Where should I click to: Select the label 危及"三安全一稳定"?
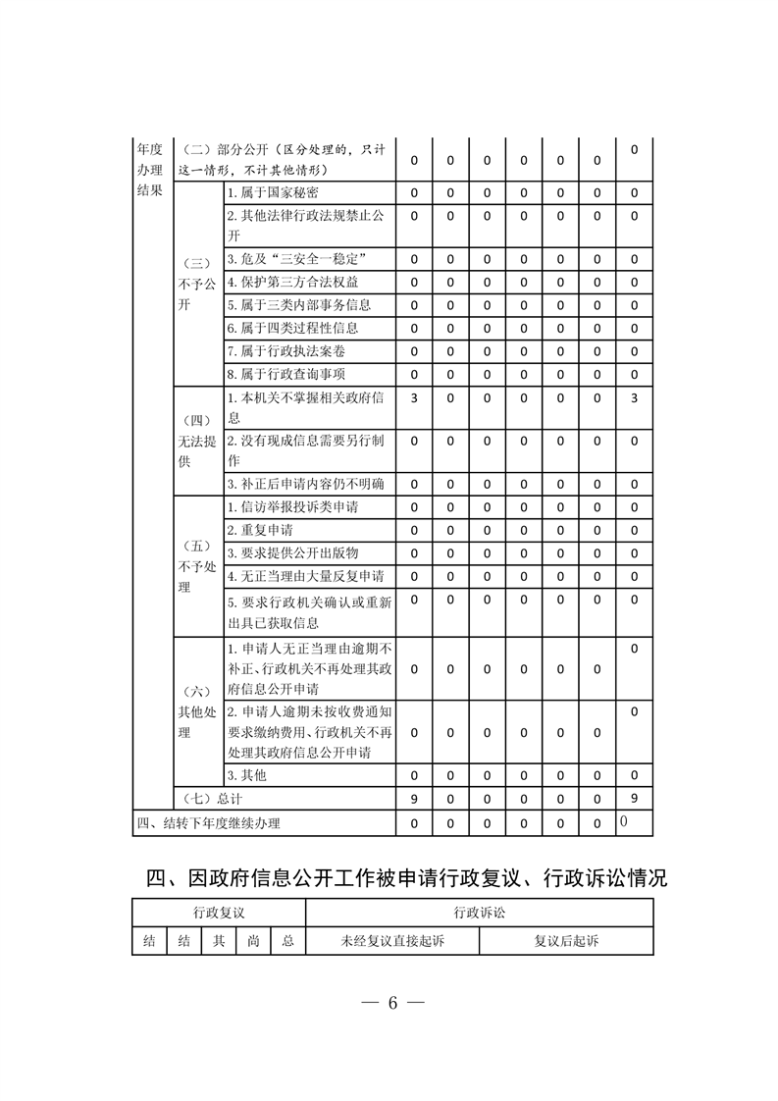coord(296,259)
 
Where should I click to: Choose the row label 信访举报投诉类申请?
coord(292,507)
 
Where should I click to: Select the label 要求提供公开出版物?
coord(292,552)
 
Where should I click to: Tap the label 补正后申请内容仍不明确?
coord(305,484)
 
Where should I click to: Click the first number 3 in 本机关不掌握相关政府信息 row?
coord(414,398)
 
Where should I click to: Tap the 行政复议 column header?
coord(219,913)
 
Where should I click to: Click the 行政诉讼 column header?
coord(480,913)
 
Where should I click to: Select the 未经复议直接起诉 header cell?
coord(392,941)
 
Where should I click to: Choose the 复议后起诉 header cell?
coord(566,941)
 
